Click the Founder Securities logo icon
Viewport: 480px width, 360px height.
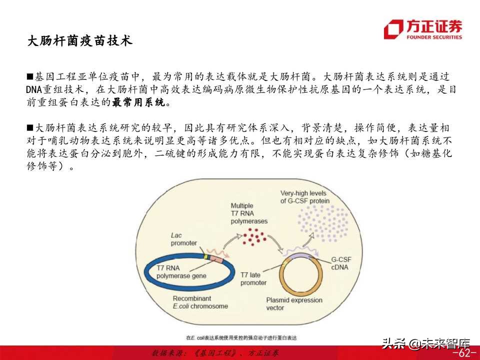point(393,29)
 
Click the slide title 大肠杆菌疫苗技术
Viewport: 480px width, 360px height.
point(79,41)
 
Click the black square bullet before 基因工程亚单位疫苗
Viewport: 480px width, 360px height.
point(30,77)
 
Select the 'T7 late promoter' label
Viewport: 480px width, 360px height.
point(253,279)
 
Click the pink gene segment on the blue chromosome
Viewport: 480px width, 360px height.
point(217,260)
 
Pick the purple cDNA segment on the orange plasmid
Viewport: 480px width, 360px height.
point(300,255)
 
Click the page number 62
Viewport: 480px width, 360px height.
point(464,353)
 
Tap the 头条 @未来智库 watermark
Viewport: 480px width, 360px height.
point(426,343)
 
